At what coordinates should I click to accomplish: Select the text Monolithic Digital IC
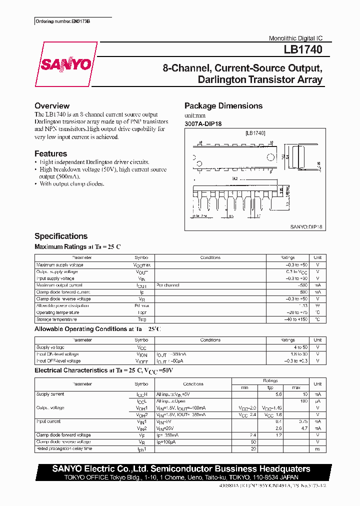click(295, 38)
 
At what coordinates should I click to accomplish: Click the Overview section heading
click(52, 106)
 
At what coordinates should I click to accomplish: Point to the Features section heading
click(50, 154)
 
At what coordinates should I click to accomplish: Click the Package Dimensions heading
click(223, 106)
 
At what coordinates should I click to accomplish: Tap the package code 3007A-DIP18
click(202, 123)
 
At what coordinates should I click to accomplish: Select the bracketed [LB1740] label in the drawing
click(255, 133)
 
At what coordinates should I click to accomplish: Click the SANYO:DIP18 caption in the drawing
click(306, 226)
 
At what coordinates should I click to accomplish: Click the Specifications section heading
click(61, 236)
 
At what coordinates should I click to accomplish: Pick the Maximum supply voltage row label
click(60, 265)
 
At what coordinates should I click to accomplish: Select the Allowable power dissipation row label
click(62, 305)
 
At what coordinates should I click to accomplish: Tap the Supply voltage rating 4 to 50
click(300, 347)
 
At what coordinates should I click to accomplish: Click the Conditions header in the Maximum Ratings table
click(210, 258)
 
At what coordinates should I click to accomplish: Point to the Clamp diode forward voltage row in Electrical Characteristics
click(63, 435)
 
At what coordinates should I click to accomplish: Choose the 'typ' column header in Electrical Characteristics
click(270, 387)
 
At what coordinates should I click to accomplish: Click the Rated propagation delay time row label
click(64, 448)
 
